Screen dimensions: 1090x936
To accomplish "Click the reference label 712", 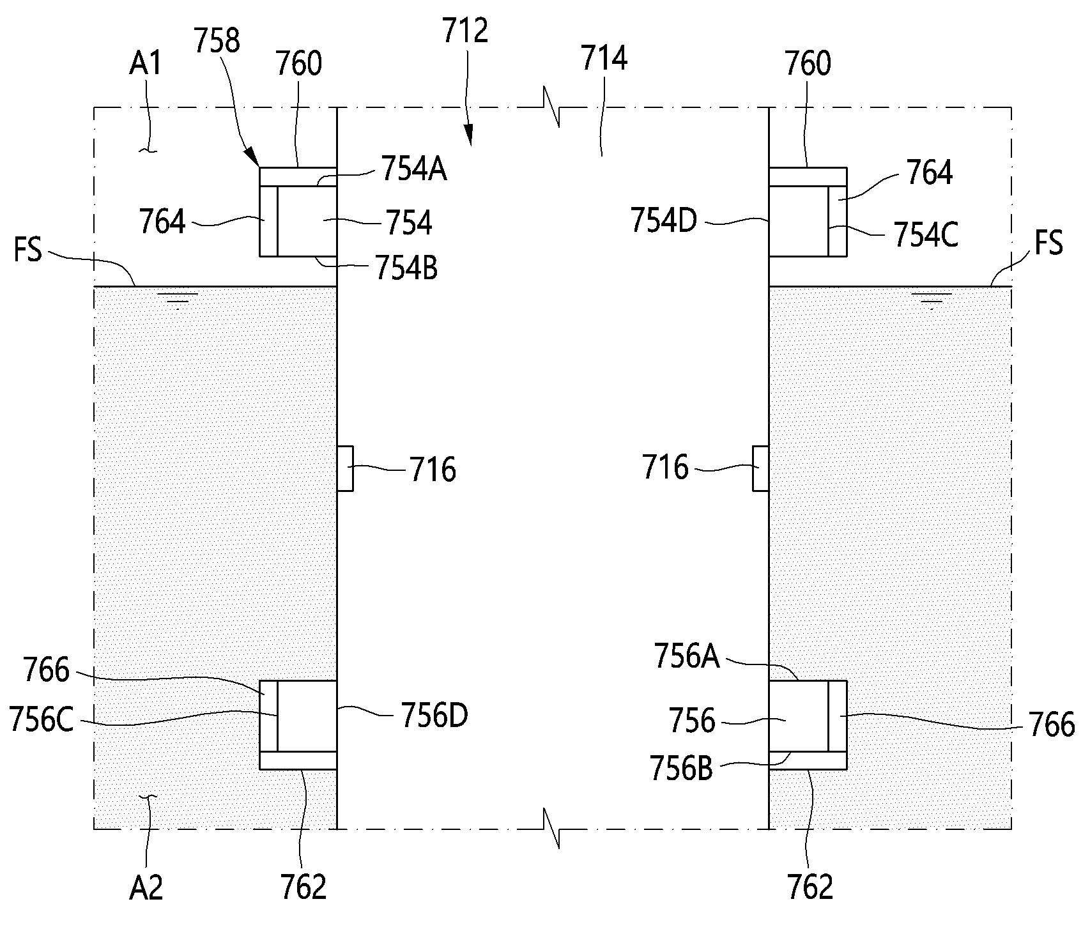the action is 465,31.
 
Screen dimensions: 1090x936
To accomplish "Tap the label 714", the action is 604,59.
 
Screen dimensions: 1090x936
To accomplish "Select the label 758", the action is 218,41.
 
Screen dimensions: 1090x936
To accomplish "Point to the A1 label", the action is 147,65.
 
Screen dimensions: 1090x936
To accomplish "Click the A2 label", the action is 146,887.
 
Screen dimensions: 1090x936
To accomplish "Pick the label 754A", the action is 413,170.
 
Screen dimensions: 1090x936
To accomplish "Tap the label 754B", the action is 406,268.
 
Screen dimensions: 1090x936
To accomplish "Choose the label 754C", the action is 926,235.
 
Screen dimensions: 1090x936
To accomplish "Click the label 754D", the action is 664,221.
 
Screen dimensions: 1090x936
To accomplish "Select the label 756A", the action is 687,657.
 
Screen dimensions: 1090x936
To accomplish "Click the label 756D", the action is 434,715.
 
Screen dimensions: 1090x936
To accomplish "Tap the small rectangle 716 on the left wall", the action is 344,469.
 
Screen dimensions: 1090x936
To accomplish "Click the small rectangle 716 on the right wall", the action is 761,469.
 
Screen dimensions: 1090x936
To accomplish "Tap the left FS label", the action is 27,249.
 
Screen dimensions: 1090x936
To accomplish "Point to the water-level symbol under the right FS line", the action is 930,300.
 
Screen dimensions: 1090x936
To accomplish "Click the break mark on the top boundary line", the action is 552,107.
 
